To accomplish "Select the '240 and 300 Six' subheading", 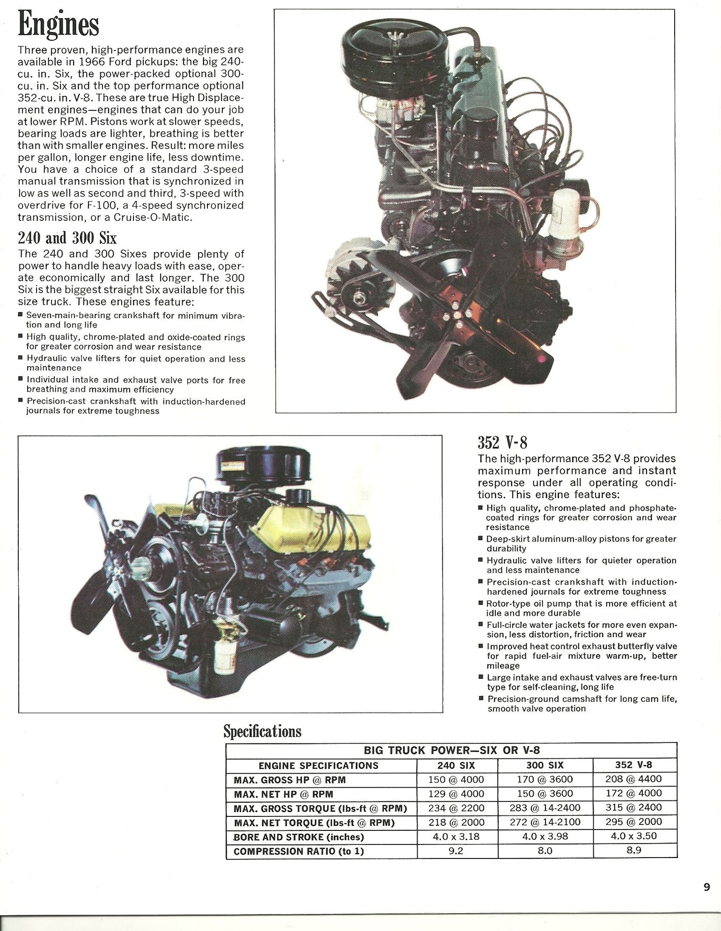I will coord(67,238).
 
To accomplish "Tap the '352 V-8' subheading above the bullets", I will coord(502,442).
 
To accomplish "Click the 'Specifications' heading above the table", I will coord(262,731).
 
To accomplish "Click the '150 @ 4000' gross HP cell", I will coord(456,779).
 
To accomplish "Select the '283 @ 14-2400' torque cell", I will coord(544,807).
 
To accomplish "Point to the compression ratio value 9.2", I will coord(456,851).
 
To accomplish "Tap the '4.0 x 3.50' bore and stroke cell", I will coord(633,836).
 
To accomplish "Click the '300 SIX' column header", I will coord(544,765).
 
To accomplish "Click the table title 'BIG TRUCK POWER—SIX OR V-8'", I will coord(451,750).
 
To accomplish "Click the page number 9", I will coord(706,887).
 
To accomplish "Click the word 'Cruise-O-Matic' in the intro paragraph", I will coord(153,218).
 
